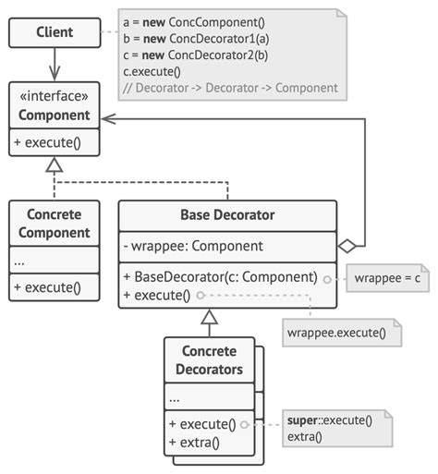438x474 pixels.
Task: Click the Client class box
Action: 54,34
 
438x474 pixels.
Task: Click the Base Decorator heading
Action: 227,216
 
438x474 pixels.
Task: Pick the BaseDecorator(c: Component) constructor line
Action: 220,276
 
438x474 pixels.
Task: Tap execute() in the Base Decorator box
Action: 156,296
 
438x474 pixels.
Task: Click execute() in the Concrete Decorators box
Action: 200,424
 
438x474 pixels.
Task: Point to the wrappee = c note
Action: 388,278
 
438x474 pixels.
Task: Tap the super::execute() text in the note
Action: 329,419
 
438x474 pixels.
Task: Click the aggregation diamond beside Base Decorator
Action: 347,246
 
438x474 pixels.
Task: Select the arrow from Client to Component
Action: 54,66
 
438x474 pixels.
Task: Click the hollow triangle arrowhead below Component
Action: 54,165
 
